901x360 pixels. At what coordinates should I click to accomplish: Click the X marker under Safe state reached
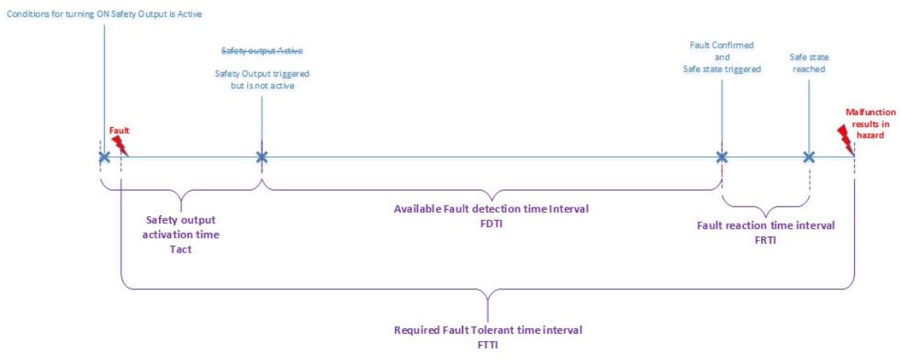(x=809, y=157)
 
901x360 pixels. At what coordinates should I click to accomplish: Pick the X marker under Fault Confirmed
(x=721, y=157)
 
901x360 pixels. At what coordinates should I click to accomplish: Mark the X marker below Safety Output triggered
(x=261, y=157)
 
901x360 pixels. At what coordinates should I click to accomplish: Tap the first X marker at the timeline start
(x=103, y=157)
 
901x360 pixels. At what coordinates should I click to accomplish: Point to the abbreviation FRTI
(x=765, y=238)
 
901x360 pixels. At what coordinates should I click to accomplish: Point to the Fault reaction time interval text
(x=765, y=226)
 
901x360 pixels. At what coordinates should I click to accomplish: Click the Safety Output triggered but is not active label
(x=261, y=79)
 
